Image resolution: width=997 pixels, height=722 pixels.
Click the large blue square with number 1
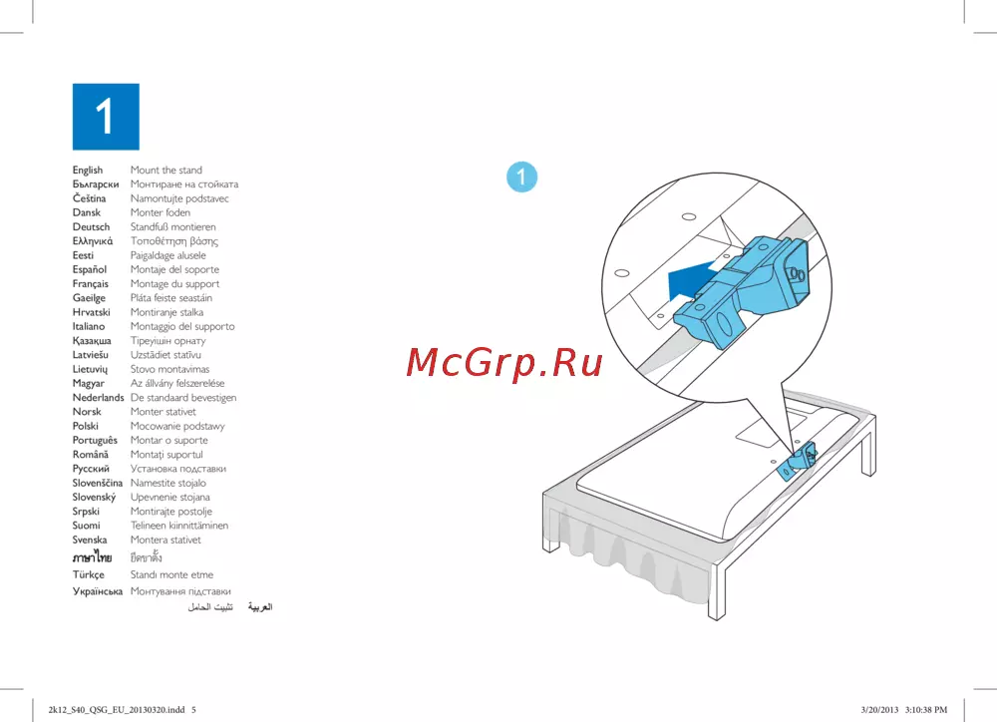[x=106, y=117]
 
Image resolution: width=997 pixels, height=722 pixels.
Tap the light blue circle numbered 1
[x=522, y=177]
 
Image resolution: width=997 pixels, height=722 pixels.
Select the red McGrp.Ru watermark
[x=503, y=363]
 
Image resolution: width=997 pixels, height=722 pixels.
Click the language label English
[x=87, y=170]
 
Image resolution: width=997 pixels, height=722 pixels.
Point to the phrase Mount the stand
[x=166, y=170]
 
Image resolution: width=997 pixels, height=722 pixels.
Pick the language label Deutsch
[x=91, y=227]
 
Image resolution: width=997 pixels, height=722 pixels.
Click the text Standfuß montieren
[x=172, y=227]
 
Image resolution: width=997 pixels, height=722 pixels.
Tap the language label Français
[x=91, y=283]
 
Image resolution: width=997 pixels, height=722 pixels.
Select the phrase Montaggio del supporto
[x=182, y=326]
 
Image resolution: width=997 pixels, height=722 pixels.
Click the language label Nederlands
[x=98, y=398]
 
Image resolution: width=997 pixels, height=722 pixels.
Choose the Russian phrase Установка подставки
[x=178, y=469]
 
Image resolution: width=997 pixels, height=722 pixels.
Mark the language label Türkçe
[x=89, y=574]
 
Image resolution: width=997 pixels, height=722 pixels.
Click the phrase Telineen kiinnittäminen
[x=179, y=526]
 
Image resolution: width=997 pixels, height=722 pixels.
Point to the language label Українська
[x=98, y=591]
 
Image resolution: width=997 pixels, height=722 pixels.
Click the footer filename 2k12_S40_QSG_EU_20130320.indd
[x=117, y=710]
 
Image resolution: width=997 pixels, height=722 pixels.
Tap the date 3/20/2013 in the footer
[x=880, y=710]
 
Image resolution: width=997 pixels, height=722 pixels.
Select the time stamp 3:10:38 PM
[x=926, y=710]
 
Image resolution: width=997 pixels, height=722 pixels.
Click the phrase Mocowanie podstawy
[x=177, y=426]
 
